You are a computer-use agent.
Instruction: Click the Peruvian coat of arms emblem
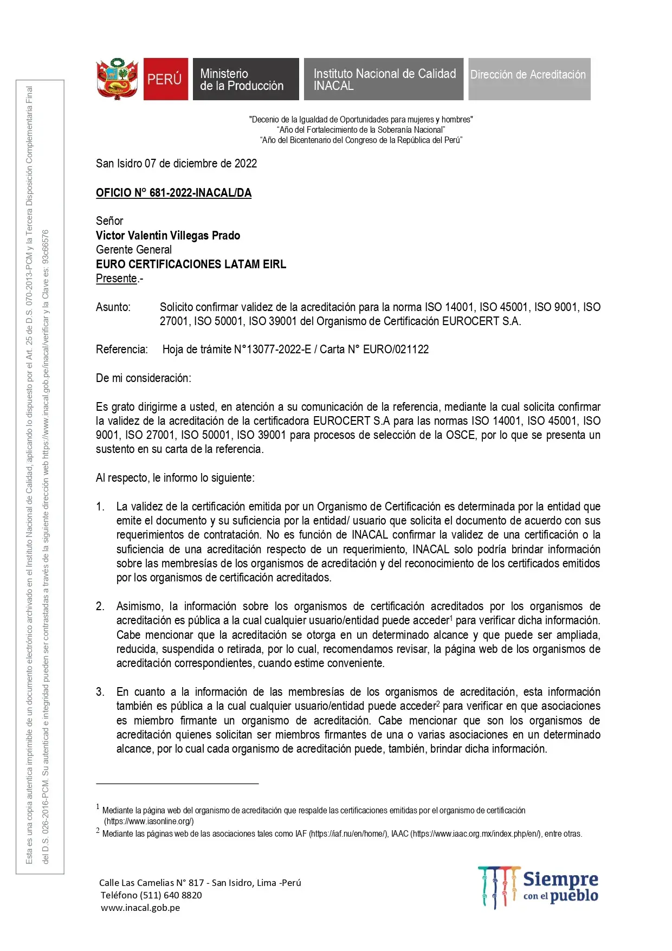tap(117, 79)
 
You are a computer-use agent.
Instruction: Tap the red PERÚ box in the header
tap(165, 79)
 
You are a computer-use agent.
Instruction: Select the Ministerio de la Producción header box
tap(245, 79)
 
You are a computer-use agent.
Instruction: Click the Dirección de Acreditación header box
tap(529, 79)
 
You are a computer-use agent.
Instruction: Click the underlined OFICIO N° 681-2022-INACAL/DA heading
tap(173, 193)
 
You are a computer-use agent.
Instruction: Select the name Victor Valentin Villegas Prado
tap(168, 236)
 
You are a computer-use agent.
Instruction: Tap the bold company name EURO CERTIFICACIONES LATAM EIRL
tap(191, 264)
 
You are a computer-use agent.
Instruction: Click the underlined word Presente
tap(117, 279)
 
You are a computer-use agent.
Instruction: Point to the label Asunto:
tap(113, 307)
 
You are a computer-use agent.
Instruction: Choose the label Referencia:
tap(122, 350)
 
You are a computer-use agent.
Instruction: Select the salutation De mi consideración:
tap(144, 378)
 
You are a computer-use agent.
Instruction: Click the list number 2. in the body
tap(100, 606)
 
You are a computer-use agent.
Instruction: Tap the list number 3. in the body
tap(100, 692)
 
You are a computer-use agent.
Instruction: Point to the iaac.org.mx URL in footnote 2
tap(477, 834)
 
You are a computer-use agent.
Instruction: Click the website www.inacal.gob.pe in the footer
tap(140, 908)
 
